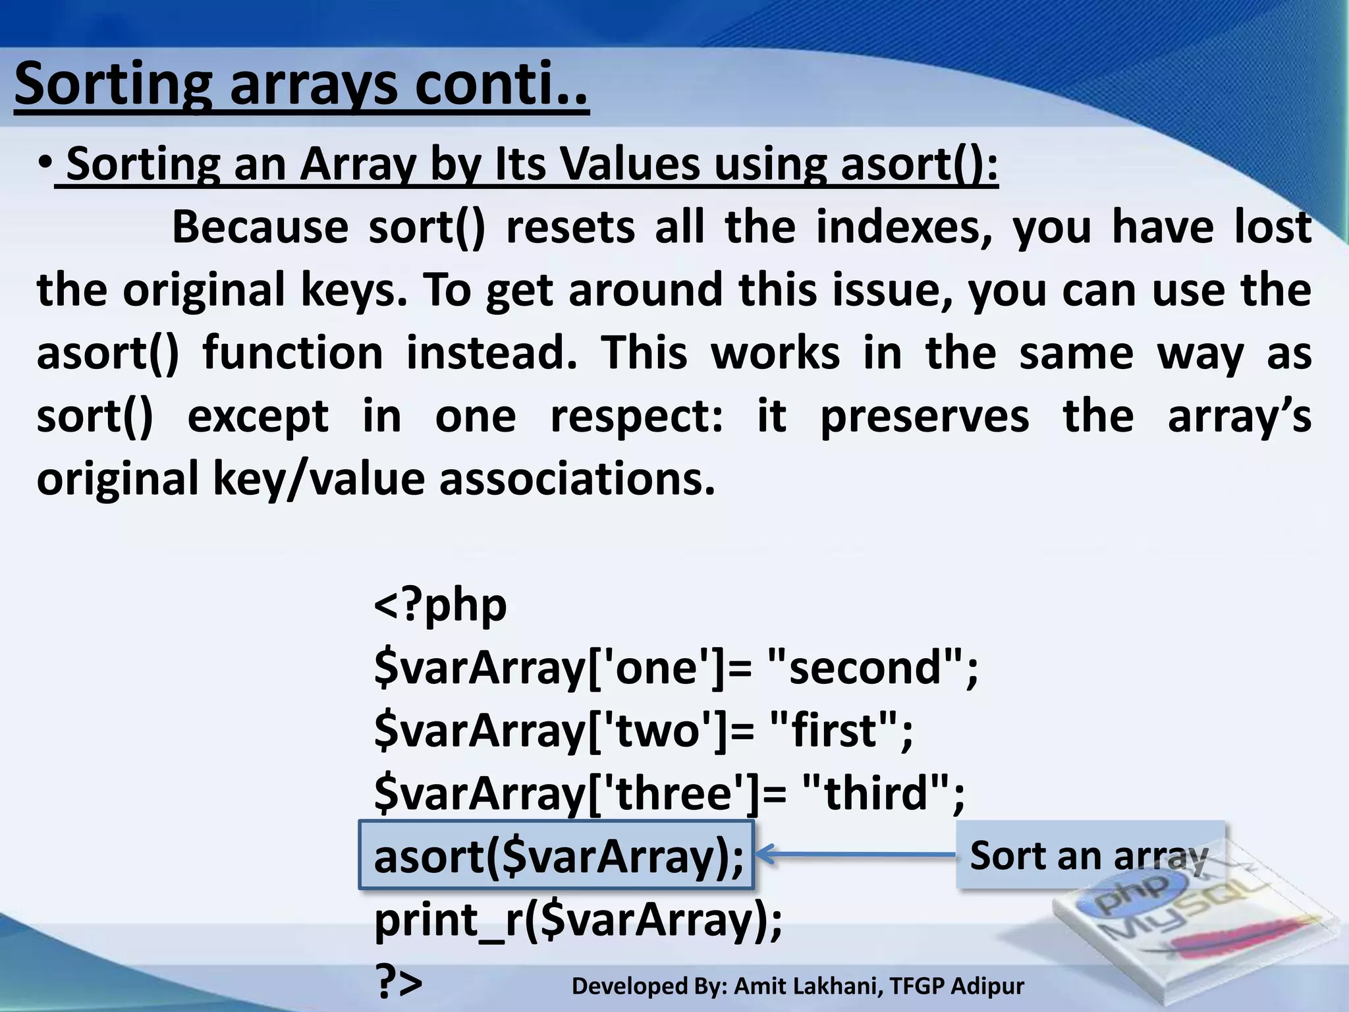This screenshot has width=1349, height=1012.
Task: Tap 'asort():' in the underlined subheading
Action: (x=919, y=164)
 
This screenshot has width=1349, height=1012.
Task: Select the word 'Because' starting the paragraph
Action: (x=260, y=227)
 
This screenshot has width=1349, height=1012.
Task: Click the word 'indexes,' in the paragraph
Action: (x=904, y=227)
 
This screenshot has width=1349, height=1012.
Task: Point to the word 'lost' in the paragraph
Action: (x=1272, y=227)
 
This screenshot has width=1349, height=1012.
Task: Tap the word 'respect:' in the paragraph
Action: (x=636, y=416)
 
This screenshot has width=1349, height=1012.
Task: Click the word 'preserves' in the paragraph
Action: (x=924, y=417)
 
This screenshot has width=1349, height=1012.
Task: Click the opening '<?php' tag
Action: (x=440, y=605)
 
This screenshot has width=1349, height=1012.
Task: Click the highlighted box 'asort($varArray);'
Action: (x=557, y=856)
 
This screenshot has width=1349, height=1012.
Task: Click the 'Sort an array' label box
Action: (x=1089, y=855)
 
